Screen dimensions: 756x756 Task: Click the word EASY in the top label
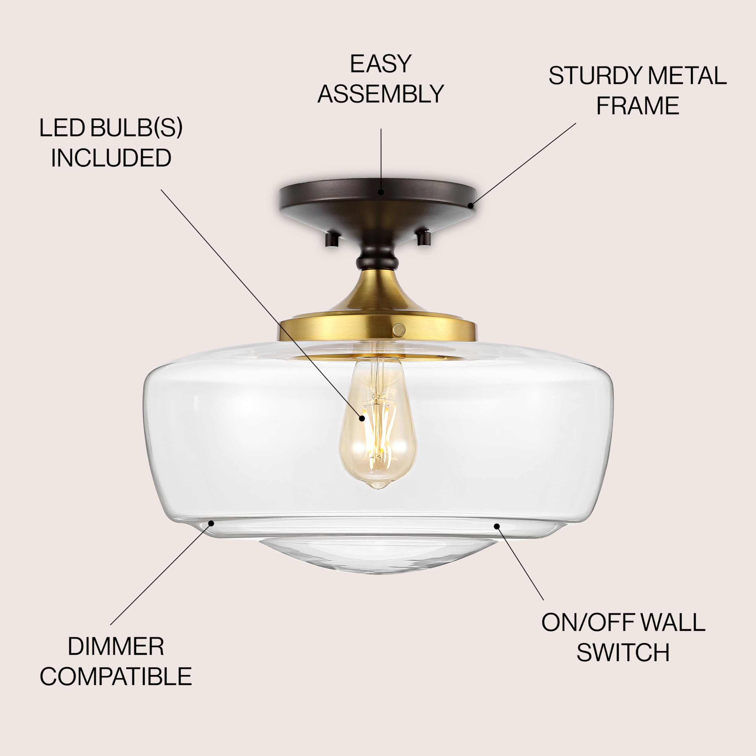click(x=380, y=64)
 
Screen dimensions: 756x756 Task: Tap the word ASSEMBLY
click(x=380, y=94)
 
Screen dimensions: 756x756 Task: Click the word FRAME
click(x=638, y=106)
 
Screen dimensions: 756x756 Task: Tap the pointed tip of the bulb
click(x=378, y=487)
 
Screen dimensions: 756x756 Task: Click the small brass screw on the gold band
click(x=399, y=330)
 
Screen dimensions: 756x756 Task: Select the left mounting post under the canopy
click(x=331, y=239)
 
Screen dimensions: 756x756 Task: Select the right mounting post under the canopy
click(x=424, y=238)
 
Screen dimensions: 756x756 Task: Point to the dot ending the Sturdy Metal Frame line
click(x=471, y=205)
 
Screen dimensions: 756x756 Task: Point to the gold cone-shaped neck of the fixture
click(x=378, y=294)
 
